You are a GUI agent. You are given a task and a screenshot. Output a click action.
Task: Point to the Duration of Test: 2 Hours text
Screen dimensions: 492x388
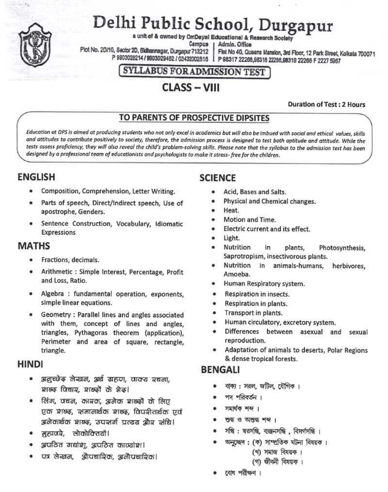point(326,104)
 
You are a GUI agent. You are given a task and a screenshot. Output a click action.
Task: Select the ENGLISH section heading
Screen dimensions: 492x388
point(36,177)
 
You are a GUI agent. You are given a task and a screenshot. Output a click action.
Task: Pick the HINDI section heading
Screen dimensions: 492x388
point(31,363)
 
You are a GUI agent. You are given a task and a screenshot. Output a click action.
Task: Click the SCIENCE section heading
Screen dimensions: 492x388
point(218,178)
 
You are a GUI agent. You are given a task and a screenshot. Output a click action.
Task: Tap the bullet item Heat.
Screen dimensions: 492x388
point(231,210)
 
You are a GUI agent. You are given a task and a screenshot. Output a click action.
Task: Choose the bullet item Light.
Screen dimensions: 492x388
point(231,238)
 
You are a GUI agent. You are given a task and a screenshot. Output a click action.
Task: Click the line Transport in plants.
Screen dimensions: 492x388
point(253,313)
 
